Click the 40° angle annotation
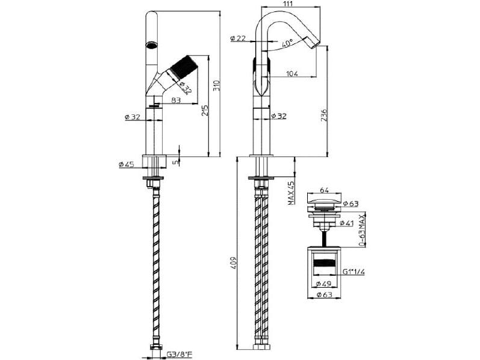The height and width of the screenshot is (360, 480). (287, 43)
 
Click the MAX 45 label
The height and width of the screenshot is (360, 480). (290, 193)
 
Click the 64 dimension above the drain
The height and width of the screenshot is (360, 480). (326, 190)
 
